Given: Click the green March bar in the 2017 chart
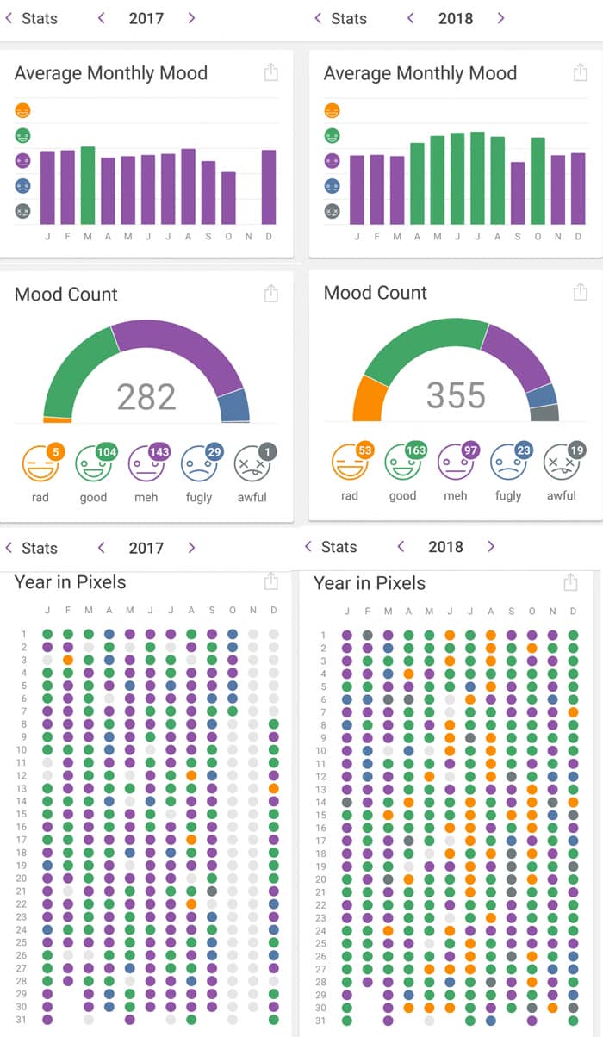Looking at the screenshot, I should click(88, 185).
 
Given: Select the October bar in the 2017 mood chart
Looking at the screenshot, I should click(228, 198).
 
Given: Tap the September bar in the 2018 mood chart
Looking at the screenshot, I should click(517, 193).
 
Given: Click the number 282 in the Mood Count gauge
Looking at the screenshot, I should click(146, 397).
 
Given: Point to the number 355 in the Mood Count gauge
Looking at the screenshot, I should click(456, 395).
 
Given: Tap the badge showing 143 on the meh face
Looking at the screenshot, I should click(159, 452).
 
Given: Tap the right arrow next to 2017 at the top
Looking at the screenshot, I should click(191, 18).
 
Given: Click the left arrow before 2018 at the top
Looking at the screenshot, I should click(411, 18).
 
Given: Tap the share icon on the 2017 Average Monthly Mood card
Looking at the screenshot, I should click(271, 72).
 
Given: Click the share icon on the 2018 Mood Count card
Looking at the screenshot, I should click(580, 292).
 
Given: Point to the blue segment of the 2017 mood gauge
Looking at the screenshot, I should click(234, 405).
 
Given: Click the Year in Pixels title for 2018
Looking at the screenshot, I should click(370, 583).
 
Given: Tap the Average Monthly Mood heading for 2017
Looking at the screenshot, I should click(111, 73).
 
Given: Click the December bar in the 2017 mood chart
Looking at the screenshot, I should click(269, 187).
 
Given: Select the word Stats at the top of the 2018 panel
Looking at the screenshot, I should click(349, 18).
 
